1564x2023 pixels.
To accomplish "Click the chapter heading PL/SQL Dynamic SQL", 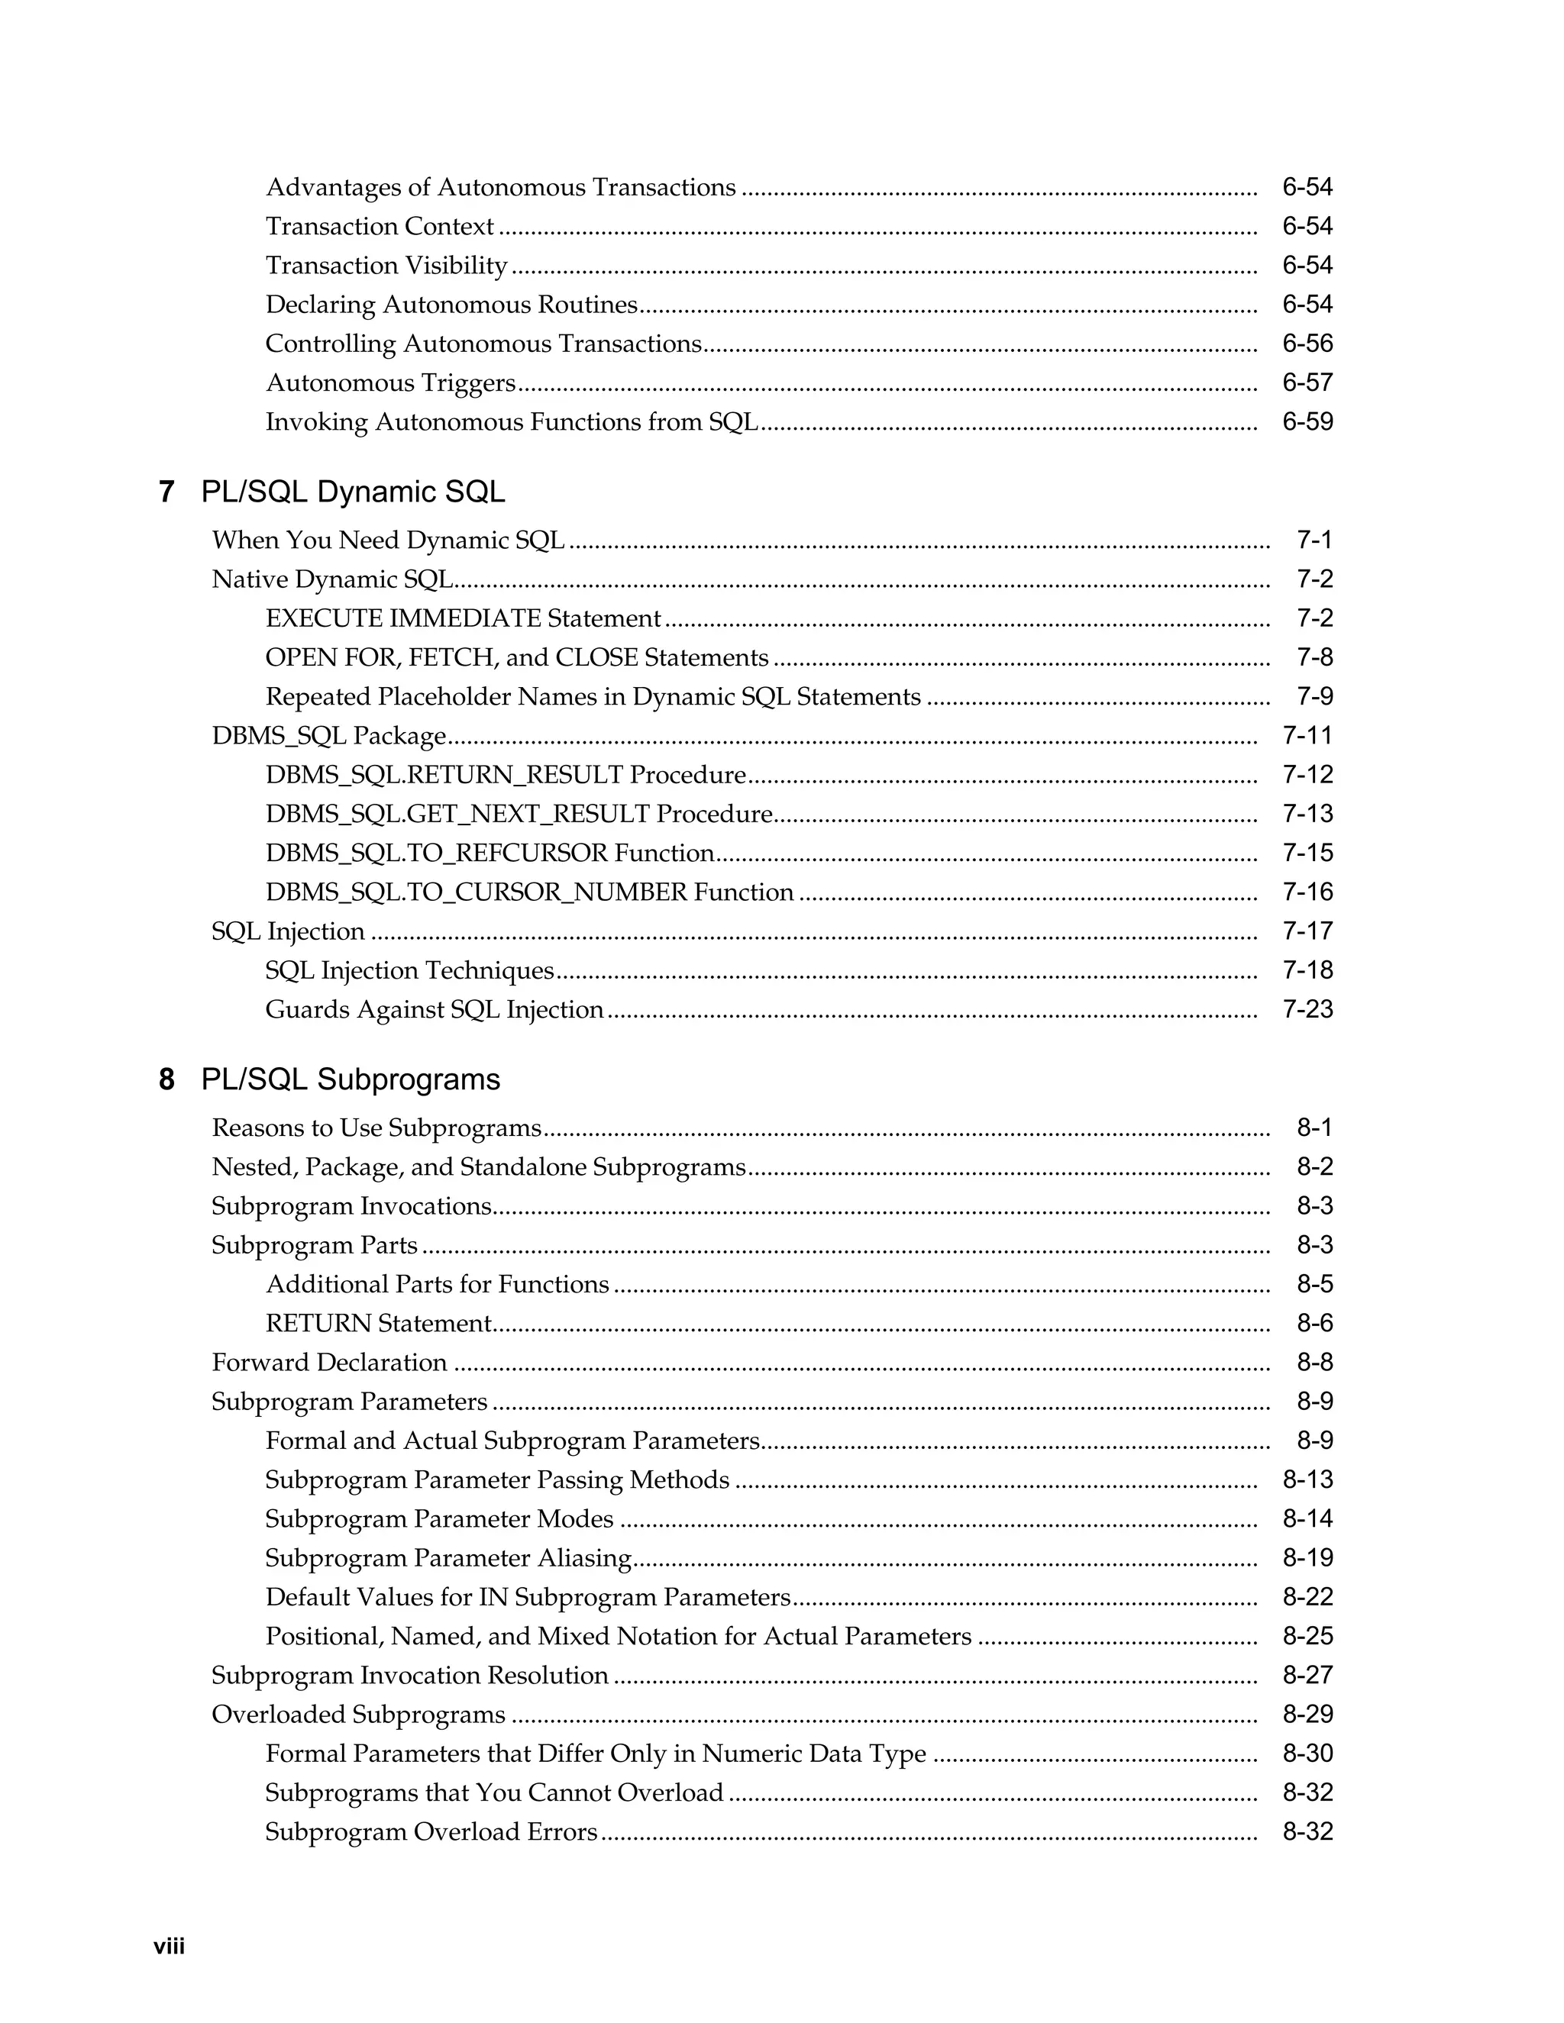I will pyautogui.click(x=353, y=492).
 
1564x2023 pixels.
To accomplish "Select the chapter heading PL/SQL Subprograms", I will pyautogui.click(x=351, y=1079).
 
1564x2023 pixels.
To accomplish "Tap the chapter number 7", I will pyautogui.click(x=166, y=492).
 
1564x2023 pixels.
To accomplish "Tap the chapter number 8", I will pyautogui.click(x=166, y=1079).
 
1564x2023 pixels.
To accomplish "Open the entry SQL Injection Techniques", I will pyautogui.click(x=409, y=971).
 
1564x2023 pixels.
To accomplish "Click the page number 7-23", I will pyautogui.click(x=1307, y=1010).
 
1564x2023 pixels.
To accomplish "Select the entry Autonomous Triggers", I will pyautogui.click(x=390, y=382).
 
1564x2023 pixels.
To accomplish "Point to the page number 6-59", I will pyautogui.click(x=1307, y=422).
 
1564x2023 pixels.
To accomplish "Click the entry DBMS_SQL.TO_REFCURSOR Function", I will pyautogui.click(x=490, y=853).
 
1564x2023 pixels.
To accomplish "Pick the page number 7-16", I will pyautogui.click(x=1307, y=892).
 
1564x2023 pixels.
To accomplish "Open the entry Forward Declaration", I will pyautogui.click(x=329, y=1363).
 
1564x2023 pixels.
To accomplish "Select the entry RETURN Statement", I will pyautogui.click(x=378, y=1324).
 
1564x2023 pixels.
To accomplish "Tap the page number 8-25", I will pyautogui.click(x=1307, y=1637).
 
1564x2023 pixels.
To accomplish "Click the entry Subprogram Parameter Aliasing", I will pyautogui.click(x=448, y=1558).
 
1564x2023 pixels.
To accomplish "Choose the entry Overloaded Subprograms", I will pyautogui.click(x=359, y=1715).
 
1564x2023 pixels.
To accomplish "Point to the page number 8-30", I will pyautogui.click(x=1307, y=1754).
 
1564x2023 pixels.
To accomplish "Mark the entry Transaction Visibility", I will pyautogui.click(x=386, y=266).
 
